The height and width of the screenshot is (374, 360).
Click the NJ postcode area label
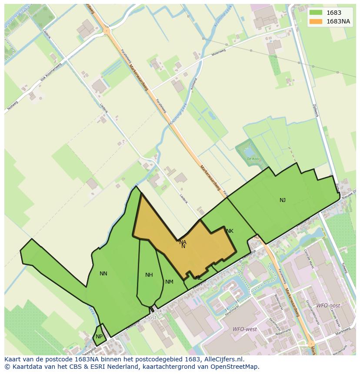(x=283, y=200)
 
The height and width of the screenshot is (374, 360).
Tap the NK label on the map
(x=230, y=231)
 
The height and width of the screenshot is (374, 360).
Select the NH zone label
(x=149, y=275)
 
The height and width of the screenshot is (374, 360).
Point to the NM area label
(x=169, y=282)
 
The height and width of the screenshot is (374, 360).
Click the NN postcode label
(x=103, y=274)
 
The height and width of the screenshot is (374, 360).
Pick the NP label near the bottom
(x=99, y=337)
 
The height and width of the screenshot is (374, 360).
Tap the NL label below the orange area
(x=198, y=278)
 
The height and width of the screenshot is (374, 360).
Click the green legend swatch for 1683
(x=316, y=13)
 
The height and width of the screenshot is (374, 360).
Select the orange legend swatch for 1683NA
(x=316, y=21)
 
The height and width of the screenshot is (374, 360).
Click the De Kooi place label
(x=253, y=159)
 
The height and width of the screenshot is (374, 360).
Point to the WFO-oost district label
(x=327, y=306)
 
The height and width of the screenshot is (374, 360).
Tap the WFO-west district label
(x=244, y=329)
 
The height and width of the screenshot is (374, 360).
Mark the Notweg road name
(x=13, y=106)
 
